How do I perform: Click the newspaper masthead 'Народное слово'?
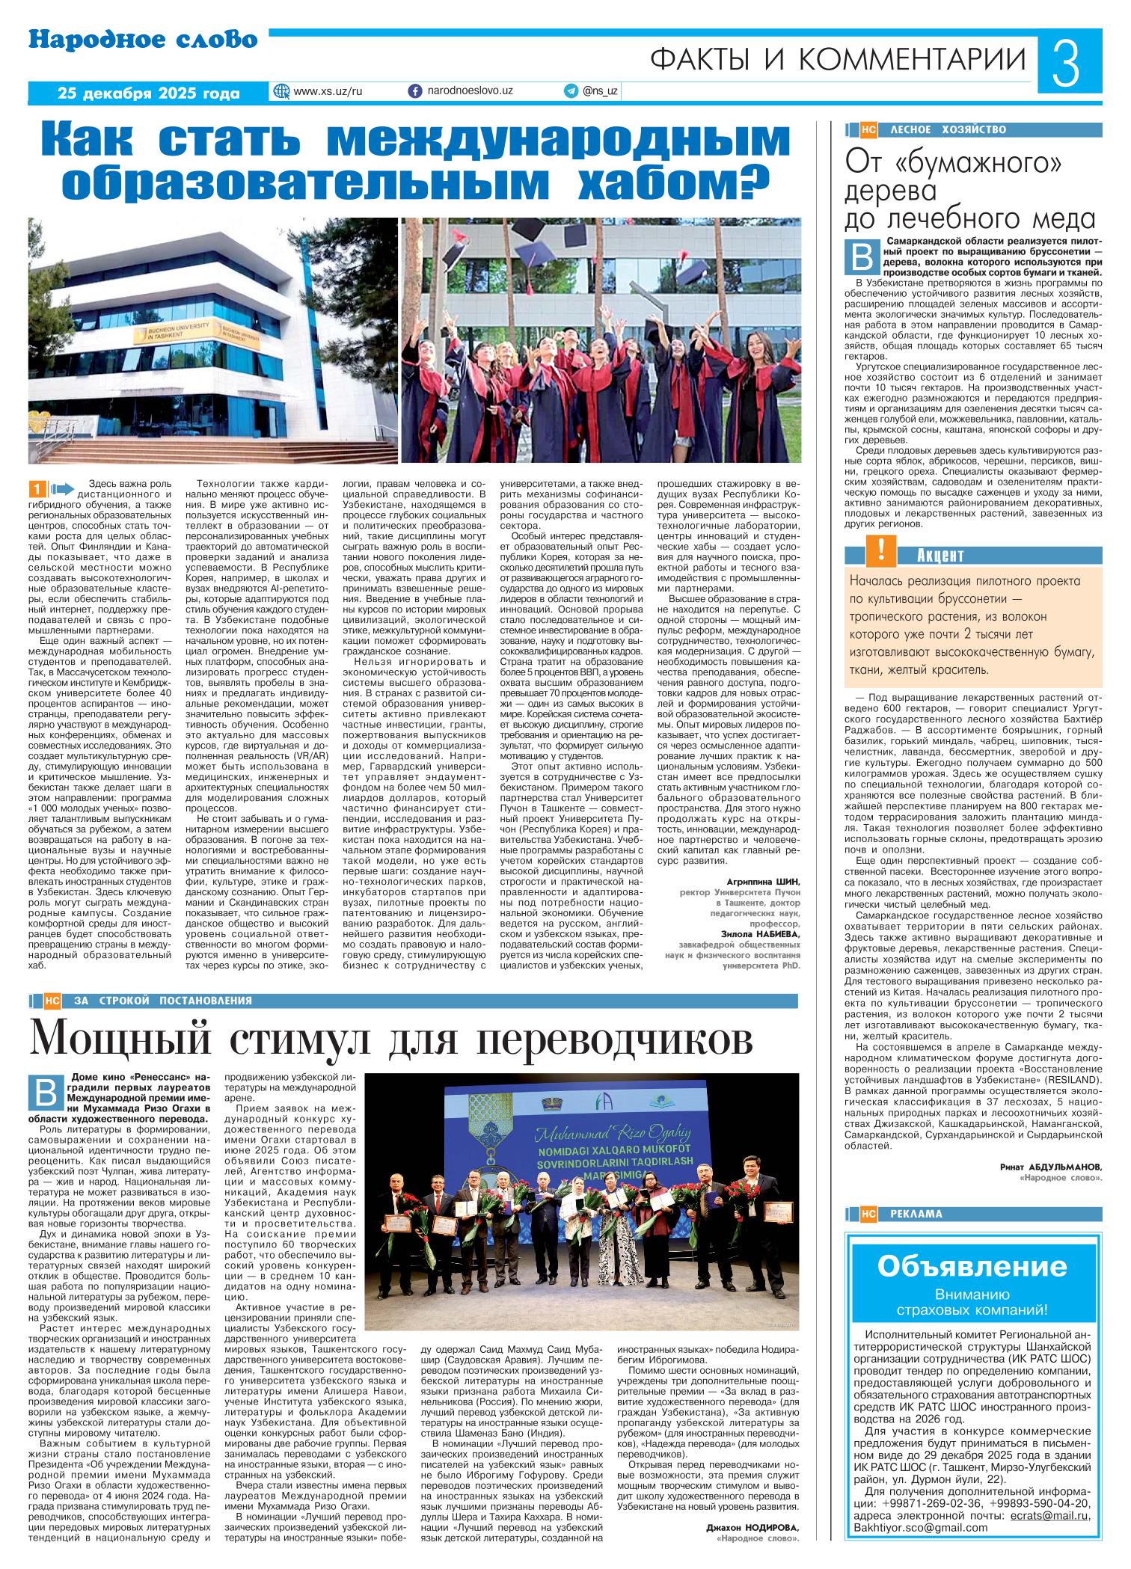[x=143, y=40]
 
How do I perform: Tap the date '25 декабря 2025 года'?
[x=149, y=93]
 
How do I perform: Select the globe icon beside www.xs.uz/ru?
[x=282, y=90]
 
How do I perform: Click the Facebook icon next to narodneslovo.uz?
[x=415, y=90]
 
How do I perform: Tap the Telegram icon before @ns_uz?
[x=571, y=90]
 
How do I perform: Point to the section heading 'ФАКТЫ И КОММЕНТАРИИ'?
[x=838, y=59]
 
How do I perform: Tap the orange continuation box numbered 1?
[x=35, y=488]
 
